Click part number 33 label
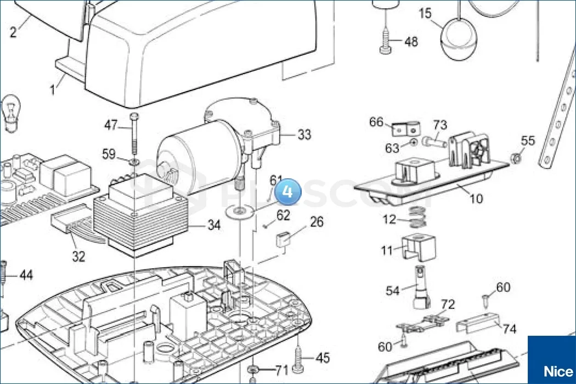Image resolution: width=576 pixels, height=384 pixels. (x=304, y=134)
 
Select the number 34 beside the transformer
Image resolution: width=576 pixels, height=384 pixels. (x=214, y=225)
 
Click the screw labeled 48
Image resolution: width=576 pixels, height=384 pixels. (x=385, y=43)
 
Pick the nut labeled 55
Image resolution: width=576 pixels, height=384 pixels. (x=515, y=158)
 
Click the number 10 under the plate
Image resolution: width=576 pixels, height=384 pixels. (x=476, y=198)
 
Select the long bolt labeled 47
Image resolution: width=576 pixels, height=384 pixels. (x=133, y=134)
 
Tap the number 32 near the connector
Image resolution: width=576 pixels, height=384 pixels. (x=79, y=256)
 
